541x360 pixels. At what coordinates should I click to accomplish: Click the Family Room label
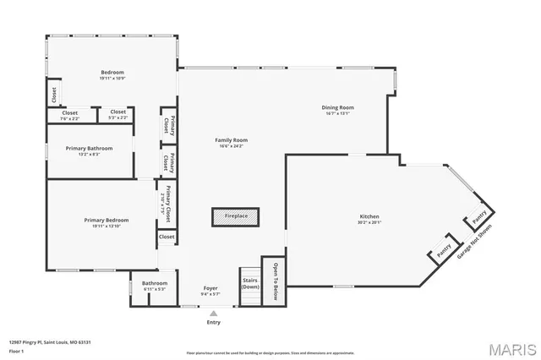(231, 140)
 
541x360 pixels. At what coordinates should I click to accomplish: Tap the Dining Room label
(338, 107)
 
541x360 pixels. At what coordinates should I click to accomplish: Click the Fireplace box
(236, 216)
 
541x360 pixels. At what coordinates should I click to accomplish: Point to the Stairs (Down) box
(250, 282)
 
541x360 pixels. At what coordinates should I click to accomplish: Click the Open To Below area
(275, 281)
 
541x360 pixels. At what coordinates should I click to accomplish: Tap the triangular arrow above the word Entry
(213, 314)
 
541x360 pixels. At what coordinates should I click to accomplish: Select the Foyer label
(210, 289)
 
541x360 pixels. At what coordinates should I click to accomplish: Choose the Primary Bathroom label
(89, 148)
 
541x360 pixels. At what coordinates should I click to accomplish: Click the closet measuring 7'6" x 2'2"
(70, 115)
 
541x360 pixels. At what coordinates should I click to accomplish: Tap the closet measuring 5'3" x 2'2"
(117, 115)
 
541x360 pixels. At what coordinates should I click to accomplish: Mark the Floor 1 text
(17, 350)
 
